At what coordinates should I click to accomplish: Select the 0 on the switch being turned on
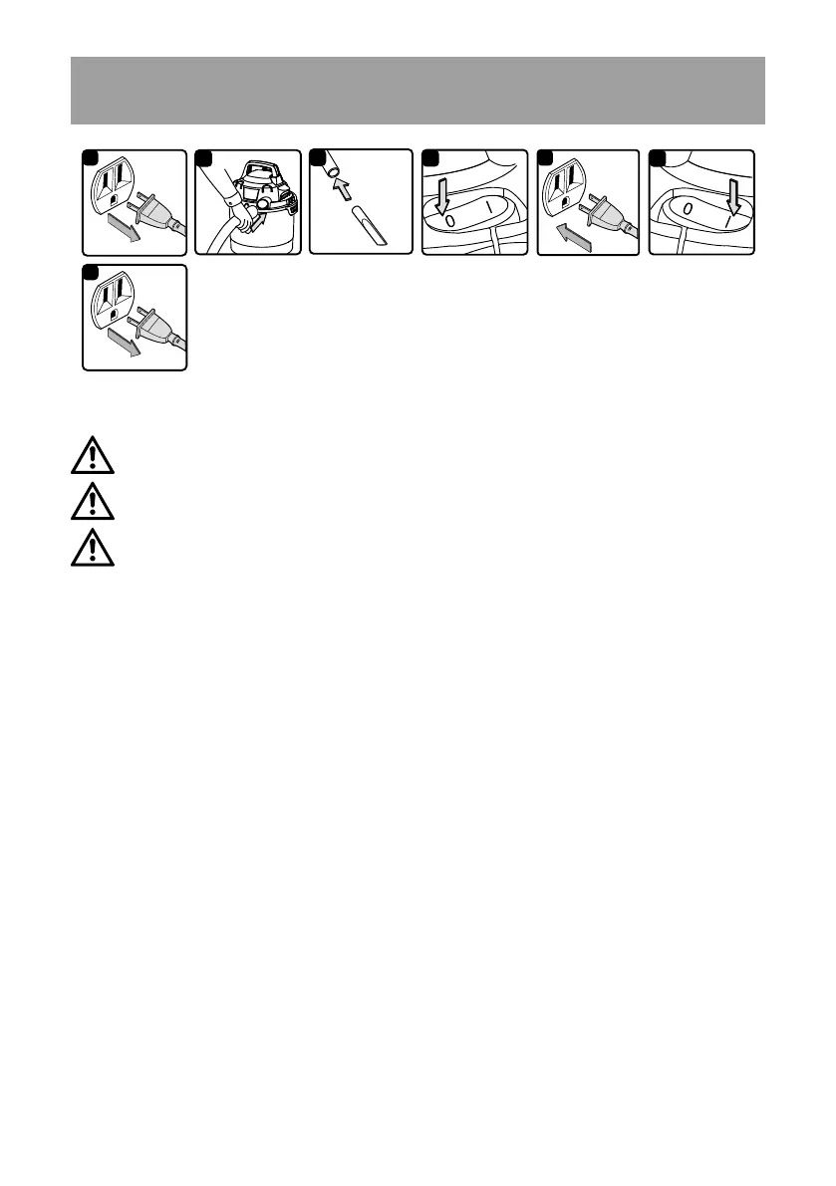pyautogui.click(x=689, y=210)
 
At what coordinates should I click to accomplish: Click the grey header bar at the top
pyautogui.click(x=418, y=91)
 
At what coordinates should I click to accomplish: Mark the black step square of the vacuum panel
pyautogui.click(x=203, y=157)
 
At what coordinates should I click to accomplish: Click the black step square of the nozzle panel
pyautogui.click(x=317, y=157)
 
